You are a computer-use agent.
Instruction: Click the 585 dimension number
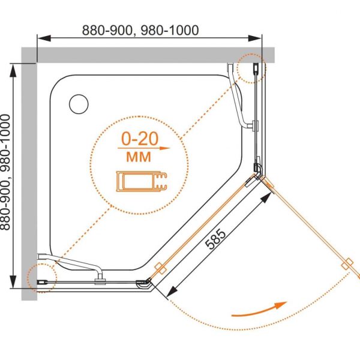point(215,239)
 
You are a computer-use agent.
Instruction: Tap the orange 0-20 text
point(140,139)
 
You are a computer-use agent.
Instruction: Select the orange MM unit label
point(139,157)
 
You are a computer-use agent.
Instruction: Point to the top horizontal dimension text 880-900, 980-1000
point(140,30)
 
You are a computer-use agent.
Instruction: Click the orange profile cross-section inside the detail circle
point(142,181)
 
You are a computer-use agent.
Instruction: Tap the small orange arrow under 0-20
point(144,148)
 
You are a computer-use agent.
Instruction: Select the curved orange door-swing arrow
point(260,311)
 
